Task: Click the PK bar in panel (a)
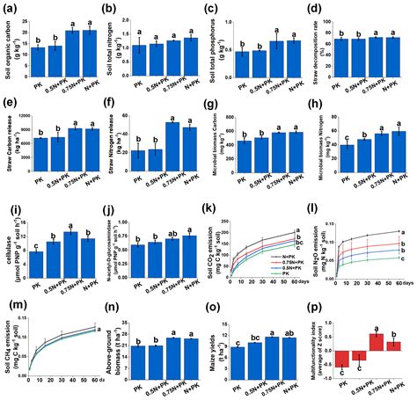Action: pyautogui.click(x=37, y=62)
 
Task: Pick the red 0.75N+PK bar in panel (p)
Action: pyautogui.click(x=376, y=342)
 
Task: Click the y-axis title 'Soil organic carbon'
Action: pyautogui.click(x=8, y=48)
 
